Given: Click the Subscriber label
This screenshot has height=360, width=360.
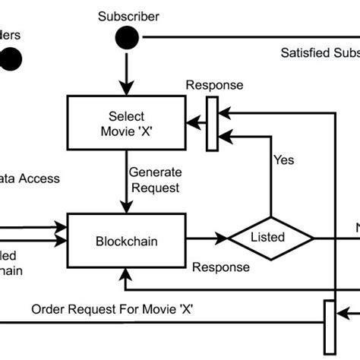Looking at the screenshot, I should click(x=128, y=17).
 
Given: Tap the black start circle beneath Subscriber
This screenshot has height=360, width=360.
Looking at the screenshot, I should click(x=127, y=37).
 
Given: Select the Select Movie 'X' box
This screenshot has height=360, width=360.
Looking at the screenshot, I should click(x=127, y=123).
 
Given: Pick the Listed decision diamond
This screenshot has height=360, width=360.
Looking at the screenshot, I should click(x=271, y=238).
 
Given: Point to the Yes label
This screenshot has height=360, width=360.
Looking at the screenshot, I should click(x=283, y=160).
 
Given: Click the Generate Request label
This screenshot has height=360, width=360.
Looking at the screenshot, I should click(x=153, y=180).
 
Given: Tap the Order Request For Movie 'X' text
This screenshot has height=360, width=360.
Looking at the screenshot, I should click(x=112, y=310).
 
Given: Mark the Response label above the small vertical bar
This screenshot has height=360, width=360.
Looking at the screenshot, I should click(x=215, y=86).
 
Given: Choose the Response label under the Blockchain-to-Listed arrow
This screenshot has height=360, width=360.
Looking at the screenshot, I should click(x=220, y=267).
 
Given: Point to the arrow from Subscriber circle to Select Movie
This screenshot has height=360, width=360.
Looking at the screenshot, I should click(x=127, y=72).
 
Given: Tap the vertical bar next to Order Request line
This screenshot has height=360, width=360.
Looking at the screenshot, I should click(x=329, y=327).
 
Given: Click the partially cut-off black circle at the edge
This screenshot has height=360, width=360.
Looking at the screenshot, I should click(x=11, y=59).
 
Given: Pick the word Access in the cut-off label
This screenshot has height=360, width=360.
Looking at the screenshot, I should click(x=39, y=179).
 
